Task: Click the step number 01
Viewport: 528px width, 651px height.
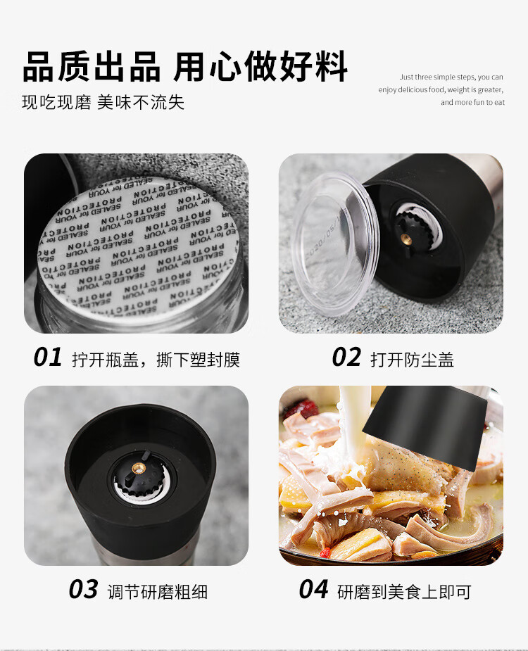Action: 48,358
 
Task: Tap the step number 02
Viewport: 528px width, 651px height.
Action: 346,358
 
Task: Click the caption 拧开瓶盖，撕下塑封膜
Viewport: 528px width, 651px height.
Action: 156,360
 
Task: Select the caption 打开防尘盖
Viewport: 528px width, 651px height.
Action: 412,360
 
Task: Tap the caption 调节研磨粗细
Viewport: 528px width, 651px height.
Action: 157,591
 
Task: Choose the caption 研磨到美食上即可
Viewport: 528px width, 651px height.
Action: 403,591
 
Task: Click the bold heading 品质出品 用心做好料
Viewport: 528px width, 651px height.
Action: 185,67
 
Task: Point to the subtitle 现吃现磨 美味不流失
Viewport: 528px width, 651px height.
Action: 103,102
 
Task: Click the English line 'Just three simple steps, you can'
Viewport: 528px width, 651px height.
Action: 451,77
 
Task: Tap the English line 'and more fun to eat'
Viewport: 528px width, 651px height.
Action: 472,103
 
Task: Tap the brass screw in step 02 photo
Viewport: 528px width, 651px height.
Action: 406,239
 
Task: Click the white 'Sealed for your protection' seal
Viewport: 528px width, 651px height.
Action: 137,246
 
